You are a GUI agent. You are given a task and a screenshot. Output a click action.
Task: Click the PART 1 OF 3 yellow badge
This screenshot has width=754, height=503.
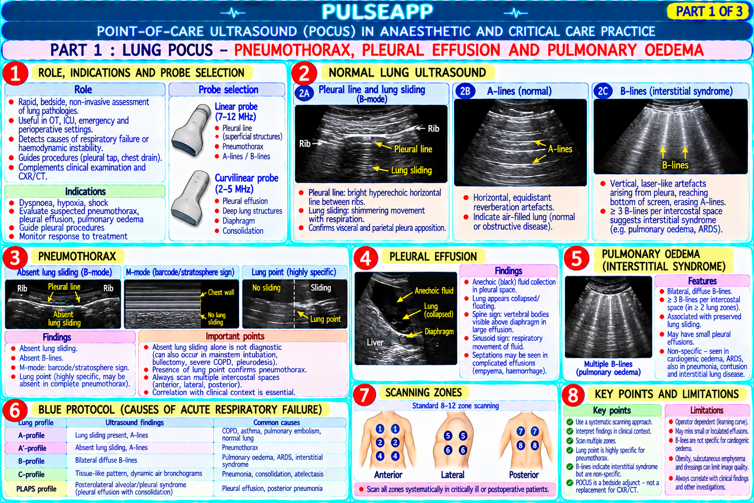click(x=708, y=11)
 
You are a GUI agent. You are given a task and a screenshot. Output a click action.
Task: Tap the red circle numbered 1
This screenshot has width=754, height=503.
click(x=15, y=73)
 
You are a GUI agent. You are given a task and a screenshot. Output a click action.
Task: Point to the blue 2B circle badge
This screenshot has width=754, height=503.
click(x=465, y=91)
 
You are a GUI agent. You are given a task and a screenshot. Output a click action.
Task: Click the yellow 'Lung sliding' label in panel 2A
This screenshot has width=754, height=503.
click(x=411, y=170)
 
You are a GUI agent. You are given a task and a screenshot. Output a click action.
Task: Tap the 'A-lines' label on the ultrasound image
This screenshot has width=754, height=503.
click(x=560, y=149)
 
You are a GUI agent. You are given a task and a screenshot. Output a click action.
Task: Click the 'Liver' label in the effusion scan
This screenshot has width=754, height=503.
click(x=375, y=342)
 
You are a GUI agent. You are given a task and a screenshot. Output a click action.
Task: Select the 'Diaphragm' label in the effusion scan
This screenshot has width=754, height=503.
click(x=439, y=332)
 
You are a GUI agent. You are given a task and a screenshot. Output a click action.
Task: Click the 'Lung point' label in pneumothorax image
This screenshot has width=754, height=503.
click(x=325, y=319)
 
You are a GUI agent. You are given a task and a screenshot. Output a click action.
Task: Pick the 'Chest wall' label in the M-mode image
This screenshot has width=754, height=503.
click(x=221, y=292)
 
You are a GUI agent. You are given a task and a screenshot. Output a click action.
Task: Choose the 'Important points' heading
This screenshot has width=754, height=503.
click(x=235, y=336)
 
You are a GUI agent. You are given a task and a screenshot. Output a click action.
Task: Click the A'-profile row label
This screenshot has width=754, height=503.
click(x=32, y=448)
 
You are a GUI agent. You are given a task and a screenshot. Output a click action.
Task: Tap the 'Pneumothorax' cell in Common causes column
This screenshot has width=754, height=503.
click(x=240, y=447)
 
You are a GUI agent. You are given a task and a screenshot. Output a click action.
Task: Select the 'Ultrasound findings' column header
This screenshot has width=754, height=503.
click(x=135, y=422)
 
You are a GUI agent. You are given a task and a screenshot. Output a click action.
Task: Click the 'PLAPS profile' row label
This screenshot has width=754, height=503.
click(x=36, y=489)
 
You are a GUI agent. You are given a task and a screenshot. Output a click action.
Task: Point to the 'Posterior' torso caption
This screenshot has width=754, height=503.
click(x=524, y=475)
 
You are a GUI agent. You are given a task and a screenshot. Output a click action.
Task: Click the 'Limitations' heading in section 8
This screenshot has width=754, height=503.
click(x=706, y=410)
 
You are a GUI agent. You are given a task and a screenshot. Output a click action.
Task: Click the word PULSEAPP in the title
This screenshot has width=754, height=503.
click(x=377, y=12)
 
